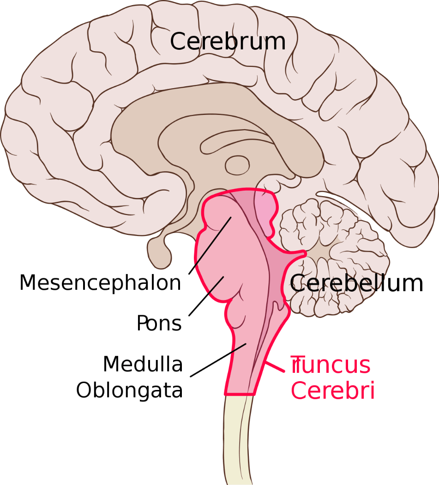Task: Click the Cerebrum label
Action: coord(228,42)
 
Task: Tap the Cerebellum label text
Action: coord(356,283)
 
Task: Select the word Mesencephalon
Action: coord(100,283)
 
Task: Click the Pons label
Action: coord(159,323)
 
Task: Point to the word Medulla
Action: coord(143,364)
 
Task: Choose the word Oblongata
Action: coord(130,390)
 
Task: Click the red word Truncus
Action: coord(331,365)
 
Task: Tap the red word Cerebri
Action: coord(333,390)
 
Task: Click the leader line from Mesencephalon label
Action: coord(210,245)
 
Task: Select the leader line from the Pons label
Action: coord(206,296)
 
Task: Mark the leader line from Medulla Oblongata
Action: coord(218,360)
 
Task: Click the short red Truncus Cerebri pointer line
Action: coord(275,366)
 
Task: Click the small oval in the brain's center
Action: coord(237,165)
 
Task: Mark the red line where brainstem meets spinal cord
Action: coord(240,395)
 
